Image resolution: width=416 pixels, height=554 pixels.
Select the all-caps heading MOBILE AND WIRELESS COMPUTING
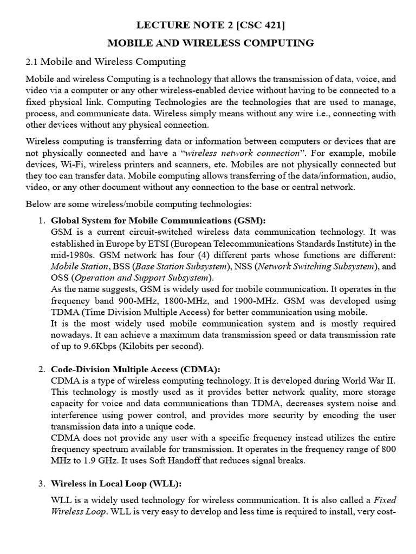(x=211, y=43)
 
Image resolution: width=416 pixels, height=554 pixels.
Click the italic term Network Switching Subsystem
(x=316, y=266)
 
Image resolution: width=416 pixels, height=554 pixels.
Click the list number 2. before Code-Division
(x=42, y=369)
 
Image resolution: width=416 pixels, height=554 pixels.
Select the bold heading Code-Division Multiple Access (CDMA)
(x=135, y=369)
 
